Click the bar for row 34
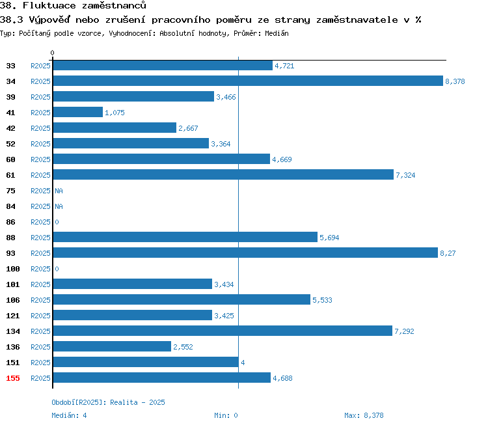248,81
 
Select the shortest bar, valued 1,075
78,112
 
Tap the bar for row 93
245,253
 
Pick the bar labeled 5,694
185,237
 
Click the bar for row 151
146,362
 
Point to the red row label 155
13,378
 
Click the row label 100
13,269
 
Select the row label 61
10,175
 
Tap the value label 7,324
405,175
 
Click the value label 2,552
183,347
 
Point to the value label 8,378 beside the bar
455,81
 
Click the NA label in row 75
59,191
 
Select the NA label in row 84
59,206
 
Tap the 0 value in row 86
57,222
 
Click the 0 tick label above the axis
52,53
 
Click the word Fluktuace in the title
49,5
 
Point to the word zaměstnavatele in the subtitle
357,20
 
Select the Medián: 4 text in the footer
69,415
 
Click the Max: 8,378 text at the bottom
364,415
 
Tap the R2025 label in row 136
40,347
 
